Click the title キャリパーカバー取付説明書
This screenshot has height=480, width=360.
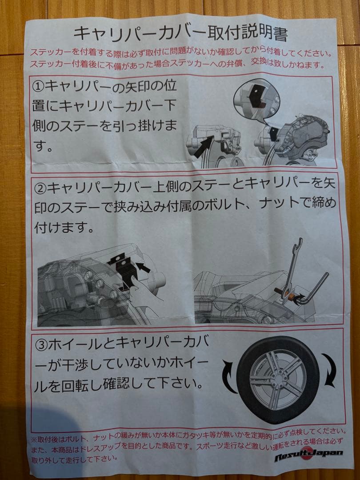180,34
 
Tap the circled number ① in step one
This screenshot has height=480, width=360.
39,87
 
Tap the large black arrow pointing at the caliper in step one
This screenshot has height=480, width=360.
204,147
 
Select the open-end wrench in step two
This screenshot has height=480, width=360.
292,269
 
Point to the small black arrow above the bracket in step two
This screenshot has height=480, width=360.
143,267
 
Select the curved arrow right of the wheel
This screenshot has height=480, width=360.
329,370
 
